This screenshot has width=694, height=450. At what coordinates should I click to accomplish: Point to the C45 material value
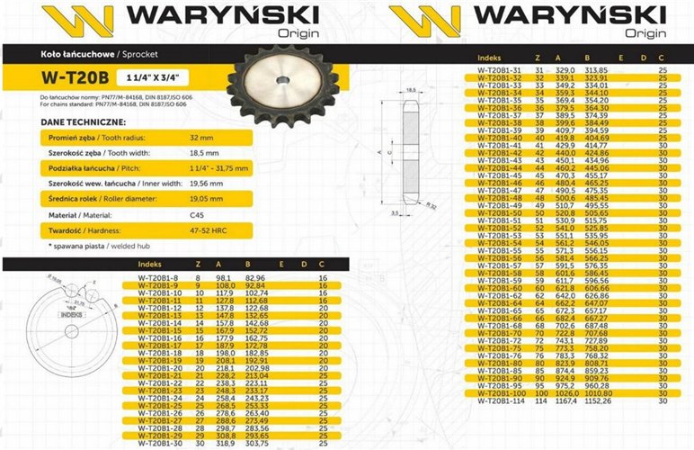pyautogui.click(x=198, y=215)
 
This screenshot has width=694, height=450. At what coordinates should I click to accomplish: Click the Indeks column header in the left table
pyautogui.click(x=149, y=265)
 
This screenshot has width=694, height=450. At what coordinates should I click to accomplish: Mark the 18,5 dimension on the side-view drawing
pyautogui.click(x=413, y=90)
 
